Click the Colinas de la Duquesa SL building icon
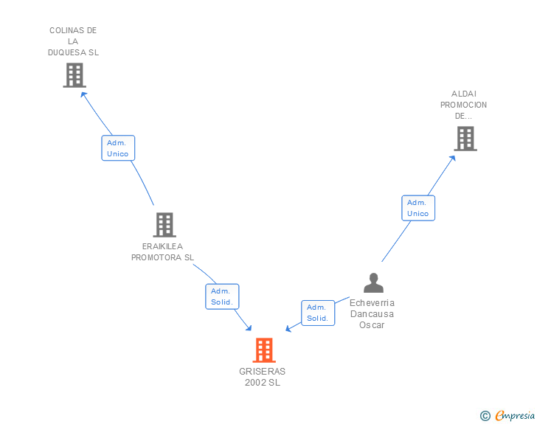pos(74,75)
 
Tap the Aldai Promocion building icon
pos(465,138)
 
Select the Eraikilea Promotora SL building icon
pos(164,225)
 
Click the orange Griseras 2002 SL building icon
pos(263,350)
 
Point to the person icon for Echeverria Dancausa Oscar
pos(373,283)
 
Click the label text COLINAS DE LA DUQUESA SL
pos(73,41)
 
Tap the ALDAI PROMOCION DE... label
pos(463,105)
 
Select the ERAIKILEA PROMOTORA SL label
pos(162,252)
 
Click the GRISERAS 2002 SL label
pos(263,377)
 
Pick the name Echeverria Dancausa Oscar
pos(372,313)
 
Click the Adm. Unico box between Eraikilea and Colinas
pos(118,148)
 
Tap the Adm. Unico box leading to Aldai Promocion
pos(418,208)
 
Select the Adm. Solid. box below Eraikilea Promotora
pos(221,296)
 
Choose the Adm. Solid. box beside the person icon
pos(317,313)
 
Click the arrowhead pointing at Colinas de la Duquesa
pos(83,94)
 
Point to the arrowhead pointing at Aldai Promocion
pos(452,157)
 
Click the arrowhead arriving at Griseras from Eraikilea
pos(249,328)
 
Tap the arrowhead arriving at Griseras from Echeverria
pos(288,329)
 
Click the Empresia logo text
pos(515,416)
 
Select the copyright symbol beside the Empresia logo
pos(485,417)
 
